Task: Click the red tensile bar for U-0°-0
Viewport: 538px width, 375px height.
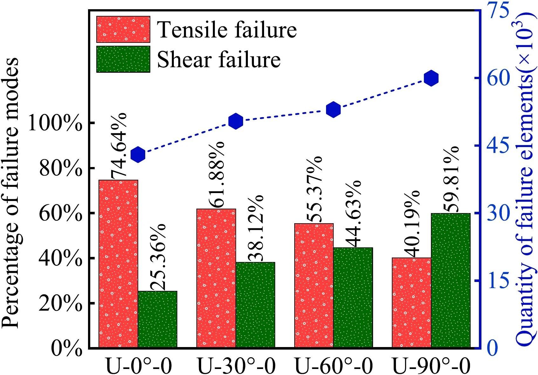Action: coord(118,264)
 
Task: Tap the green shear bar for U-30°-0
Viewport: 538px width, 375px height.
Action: coord(255,305)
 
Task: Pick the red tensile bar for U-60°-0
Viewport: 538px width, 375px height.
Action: coord(314,285)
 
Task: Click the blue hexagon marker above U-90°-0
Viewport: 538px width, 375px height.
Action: coord(432,78)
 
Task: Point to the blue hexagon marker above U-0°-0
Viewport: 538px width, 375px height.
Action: coord(138,155)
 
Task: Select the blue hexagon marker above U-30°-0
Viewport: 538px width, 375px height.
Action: coord(236,121)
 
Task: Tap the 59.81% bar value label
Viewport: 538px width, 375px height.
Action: coord(451,179)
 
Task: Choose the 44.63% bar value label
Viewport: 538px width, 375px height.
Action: coord(353,213)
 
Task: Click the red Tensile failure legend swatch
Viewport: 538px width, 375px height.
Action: coord(123,29)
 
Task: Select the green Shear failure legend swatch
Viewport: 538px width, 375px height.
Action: coord(123,59)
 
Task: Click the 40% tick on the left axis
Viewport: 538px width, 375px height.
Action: coord(59,258)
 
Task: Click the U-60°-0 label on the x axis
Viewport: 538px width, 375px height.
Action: coord(334,366)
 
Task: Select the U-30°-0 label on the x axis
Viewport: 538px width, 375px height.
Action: coord(236,366)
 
